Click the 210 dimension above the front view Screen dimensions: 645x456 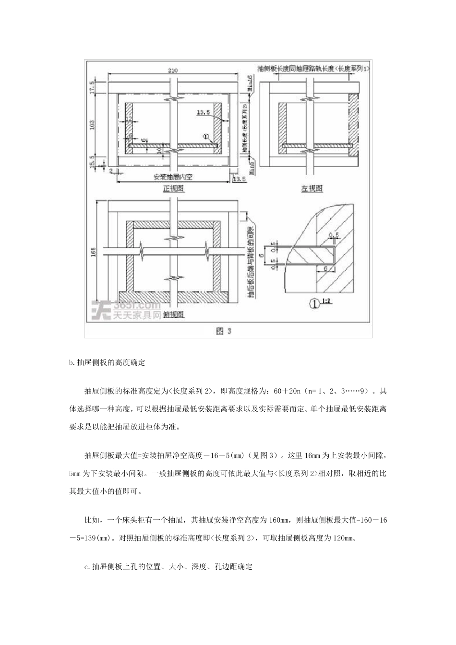click(173, 70)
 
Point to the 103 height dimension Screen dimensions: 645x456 click(92, 125)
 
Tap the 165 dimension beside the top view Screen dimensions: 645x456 click(93, 251)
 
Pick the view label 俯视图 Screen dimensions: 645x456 click(174, 315)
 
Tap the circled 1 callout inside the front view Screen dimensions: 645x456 click(207, 137)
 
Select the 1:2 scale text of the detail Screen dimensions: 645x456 click(327, 302)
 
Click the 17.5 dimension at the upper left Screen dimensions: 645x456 click(92, 88)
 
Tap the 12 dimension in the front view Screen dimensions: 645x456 click(128, 118)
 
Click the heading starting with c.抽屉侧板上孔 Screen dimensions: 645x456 click(168, 567)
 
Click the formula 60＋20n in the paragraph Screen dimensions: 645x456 click(291, 391)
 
